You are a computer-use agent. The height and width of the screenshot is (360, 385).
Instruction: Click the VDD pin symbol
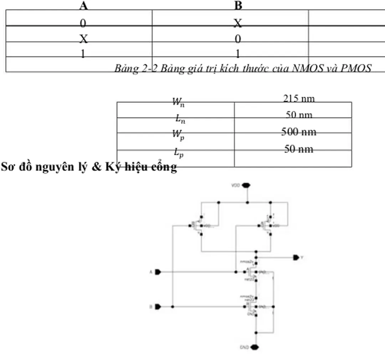246,185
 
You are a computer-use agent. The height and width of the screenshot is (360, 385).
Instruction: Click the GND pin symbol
254,347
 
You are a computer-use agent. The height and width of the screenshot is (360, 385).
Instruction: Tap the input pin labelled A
158,272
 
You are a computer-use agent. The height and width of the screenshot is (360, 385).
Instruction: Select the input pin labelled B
158,306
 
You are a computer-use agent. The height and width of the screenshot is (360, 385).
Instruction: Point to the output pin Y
296,257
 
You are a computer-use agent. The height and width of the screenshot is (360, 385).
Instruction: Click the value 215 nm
299,98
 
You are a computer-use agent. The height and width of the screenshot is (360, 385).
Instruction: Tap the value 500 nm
299,132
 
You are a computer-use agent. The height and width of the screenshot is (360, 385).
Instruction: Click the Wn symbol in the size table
178,102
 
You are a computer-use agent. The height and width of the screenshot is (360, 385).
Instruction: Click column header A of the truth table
83,5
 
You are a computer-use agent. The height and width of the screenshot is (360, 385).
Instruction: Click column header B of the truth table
238,5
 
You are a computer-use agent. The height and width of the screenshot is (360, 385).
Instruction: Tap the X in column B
238,24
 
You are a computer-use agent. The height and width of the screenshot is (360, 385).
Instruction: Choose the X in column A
83,39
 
